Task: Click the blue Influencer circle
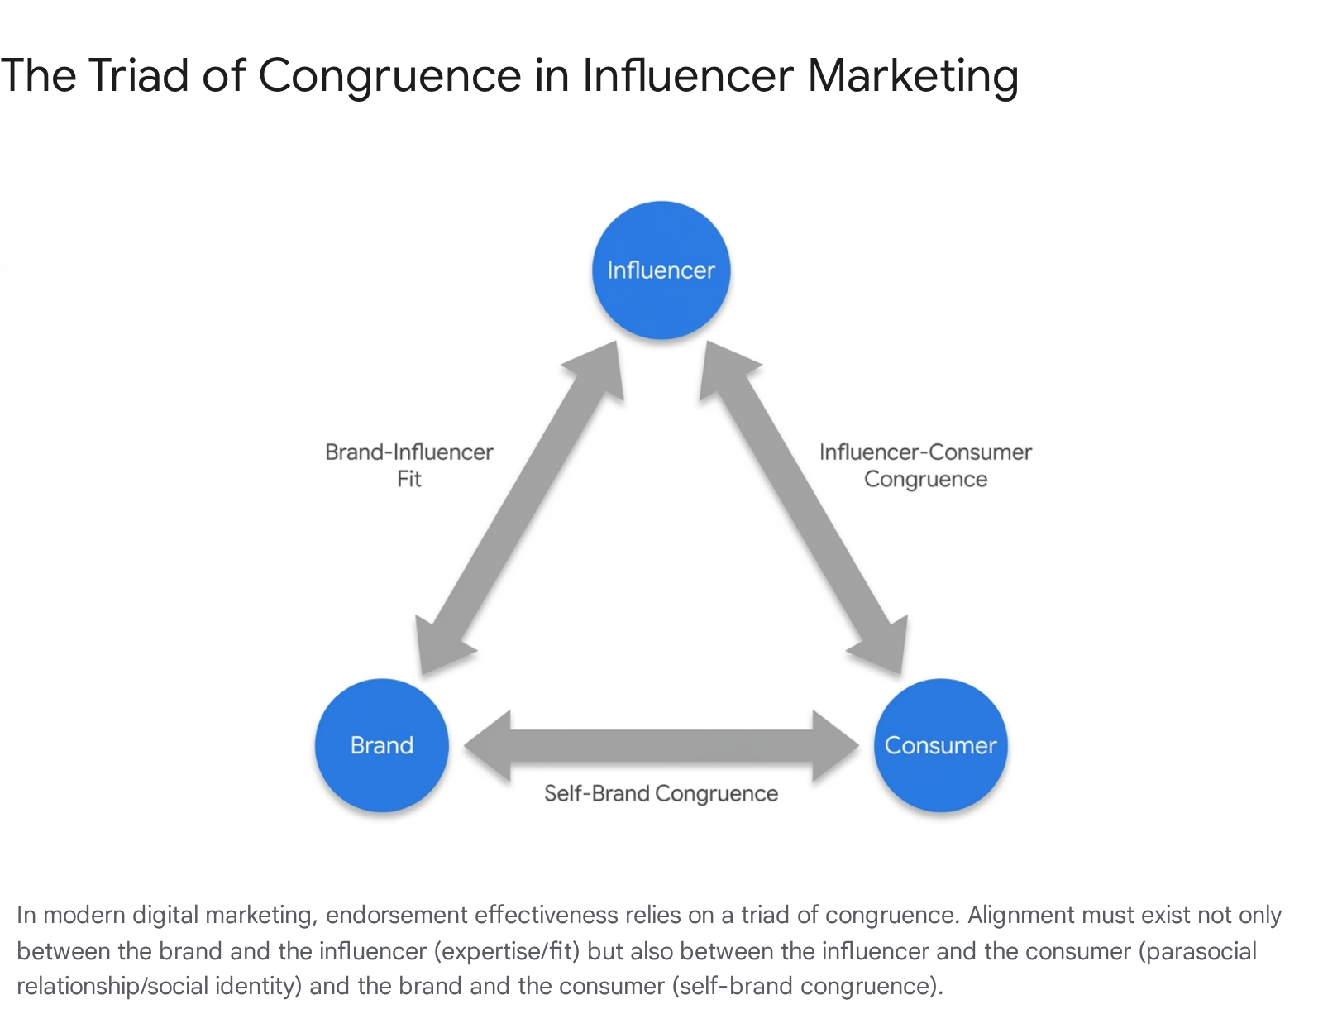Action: point(661,270)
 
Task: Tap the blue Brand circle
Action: point(382,745)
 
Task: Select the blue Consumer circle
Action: point(940,745)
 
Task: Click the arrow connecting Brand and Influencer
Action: point(520,507)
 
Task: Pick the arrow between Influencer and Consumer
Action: point(804,507)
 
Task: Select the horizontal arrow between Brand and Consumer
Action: point(661,745)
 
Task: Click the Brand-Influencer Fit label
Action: point(409,466)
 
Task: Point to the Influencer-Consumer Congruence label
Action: point(925,466)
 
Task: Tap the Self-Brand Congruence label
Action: point(661,793)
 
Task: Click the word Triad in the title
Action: point(138,75)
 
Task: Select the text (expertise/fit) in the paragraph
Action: point(507,952)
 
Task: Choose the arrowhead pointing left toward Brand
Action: point(487,745)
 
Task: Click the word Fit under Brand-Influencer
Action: point(409,479)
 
